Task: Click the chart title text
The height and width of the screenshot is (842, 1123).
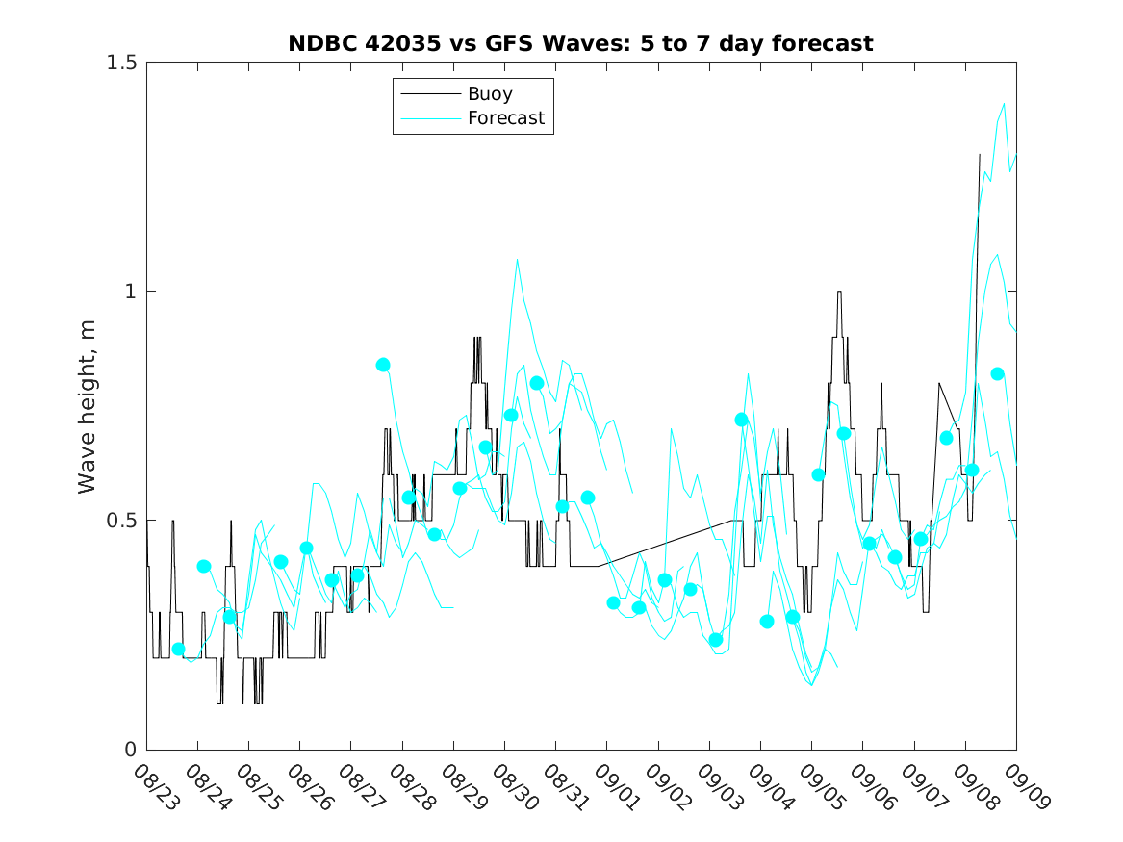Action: tap(580, 43)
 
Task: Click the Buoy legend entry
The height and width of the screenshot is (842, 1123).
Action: tap(490, 94)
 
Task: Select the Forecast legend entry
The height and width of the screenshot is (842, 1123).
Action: tap(505, 118)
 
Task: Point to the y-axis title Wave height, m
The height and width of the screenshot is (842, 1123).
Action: tap(88, 405)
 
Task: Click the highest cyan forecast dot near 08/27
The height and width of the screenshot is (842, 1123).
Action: tap(383, 365)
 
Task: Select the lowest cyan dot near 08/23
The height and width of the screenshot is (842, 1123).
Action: tap(178, 650)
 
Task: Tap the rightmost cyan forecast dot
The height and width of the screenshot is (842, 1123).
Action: tap(998, 373)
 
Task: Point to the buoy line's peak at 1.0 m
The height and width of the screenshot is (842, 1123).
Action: tap(839, 292)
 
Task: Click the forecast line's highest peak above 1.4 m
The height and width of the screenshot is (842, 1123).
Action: tap(1004, 104)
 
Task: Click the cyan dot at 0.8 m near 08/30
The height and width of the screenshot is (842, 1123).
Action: tap(537, 383)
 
